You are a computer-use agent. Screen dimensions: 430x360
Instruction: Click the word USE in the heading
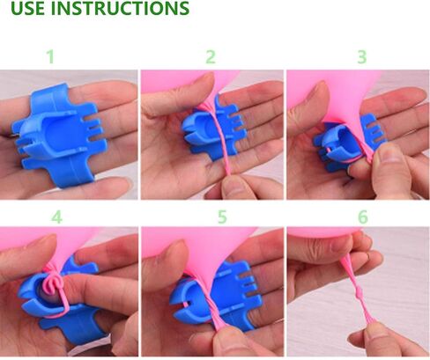(27, 8)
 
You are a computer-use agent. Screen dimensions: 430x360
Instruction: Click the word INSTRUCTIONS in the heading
(120, 8)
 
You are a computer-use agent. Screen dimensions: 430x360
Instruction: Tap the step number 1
(50, 56)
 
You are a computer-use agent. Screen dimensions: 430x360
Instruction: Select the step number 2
(211, 56)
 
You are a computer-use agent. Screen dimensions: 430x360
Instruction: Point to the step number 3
(362, 56)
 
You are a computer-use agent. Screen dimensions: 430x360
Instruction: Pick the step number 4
(57, 217)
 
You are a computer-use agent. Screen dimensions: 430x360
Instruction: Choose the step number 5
(222, 217)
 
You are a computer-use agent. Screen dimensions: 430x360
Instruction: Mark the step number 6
(363, 217)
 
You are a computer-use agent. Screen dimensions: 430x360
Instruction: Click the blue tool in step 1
(59, 134)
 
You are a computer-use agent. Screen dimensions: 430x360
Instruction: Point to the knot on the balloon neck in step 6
(358, 293)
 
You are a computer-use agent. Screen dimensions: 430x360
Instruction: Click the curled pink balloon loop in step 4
(52, 283)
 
